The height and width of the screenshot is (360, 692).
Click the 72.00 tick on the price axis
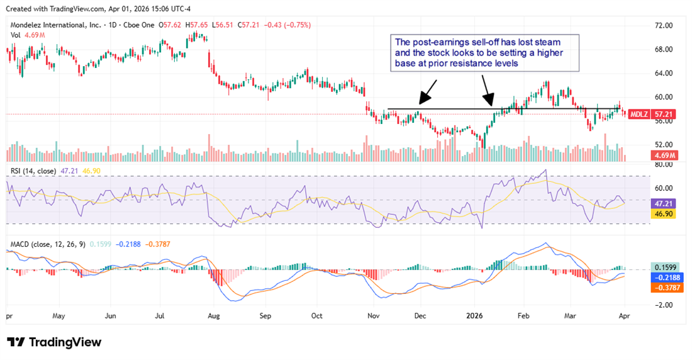pos(664,25)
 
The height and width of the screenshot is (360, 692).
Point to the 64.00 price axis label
pos(664,73)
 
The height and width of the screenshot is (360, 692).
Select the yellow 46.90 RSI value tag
pos(664,215)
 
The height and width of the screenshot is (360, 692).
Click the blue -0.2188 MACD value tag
pos(664,277)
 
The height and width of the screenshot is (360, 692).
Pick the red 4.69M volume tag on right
pos(664,155)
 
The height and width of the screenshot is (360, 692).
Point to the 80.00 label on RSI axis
pos(664,165)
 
